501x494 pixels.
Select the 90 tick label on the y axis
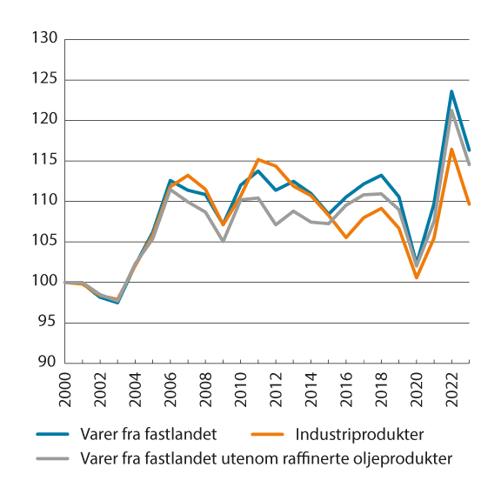pyautogui.click(x=49, y=364)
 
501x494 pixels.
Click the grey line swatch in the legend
pyautogui.click(x=55, y=457)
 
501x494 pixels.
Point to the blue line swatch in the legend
pyautogui.click(x=55, y=434)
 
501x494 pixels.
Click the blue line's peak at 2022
pyautogui.click(x=451, y=90)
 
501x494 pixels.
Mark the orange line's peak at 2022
pyautogui.click(x=451, y=149)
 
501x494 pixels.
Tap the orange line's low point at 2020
pyautogui.click(x=416, y=277)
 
